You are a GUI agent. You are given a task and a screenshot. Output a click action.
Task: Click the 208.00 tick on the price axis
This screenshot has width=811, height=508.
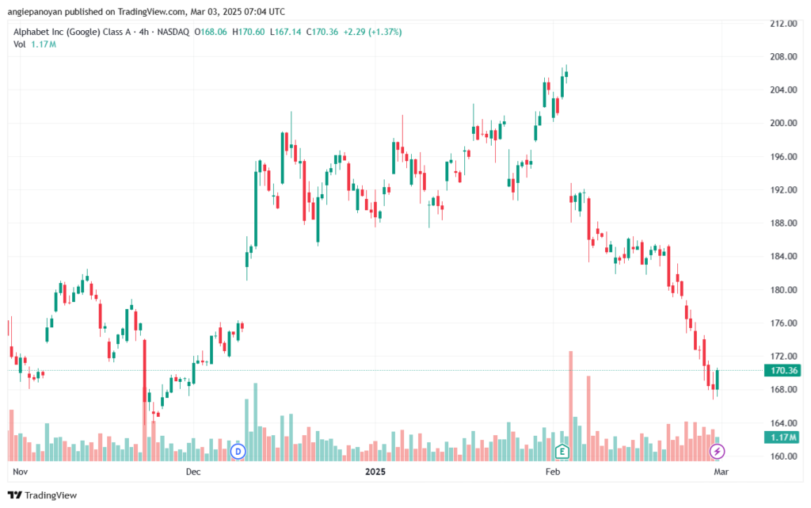click(783, 56)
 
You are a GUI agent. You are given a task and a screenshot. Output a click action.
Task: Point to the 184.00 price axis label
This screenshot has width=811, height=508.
click(783, 256)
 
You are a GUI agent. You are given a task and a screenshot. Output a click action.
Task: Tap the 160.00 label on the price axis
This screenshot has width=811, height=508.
click(783, 456)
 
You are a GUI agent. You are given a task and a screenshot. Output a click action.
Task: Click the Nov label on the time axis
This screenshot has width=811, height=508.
click(20, 472)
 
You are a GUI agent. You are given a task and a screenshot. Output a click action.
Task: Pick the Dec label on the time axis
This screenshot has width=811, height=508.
click(193, 472)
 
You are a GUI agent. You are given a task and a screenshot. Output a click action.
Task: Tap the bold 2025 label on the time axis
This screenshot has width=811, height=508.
click(375, 472)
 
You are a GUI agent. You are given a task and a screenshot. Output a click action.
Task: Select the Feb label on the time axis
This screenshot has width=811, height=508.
click(553, 472)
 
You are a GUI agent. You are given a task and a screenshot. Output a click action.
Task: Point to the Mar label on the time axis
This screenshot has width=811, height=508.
click(721, 472)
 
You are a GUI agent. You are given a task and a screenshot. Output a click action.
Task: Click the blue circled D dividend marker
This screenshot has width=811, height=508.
click(238, 452)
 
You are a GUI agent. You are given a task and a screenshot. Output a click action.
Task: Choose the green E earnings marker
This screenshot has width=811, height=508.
click(562, 452)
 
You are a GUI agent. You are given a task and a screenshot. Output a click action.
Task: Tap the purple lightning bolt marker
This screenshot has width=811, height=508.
click(717, 452)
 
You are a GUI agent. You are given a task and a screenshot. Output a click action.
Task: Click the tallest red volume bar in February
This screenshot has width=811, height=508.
click(571, 406)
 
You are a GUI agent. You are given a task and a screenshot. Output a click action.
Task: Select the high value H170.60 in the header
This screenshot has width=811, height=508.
click(248, 32)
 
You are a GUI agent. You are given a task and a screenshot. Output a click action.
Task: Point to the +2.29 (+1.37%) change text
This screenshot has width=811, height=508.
click(372, 32)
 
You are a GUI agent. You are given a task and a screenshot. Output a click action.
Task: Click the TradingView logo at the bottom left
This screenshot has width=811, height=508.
click(43, 495)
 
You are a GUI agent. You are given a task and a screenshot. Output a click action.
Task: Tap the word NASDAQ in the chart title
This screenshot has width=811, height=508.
click(173, 32)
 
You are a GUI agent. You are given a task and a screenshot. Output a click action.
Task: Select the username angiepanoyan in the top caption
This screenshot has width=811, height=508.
click(35, 11)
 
